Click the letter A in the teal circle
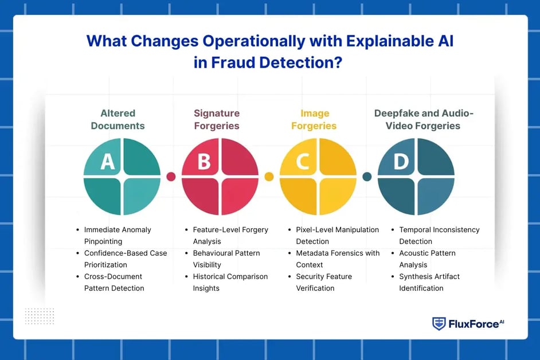pos(107,162)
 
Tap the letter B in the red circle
pos(204,162)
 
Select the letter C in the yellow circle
pos(303,162)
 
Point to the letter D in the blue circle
pos(401,162)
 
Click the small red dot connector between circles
pos(171,177)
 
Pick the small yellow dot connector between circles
pos(269,177)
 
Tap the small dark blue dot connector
pos(367,177)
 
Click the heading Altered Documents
pos(118,119)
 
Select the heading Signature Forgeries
pos(217,119)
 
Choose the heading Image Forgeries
pos(314,119)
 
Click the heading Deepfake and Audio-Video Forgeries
pos(416,119)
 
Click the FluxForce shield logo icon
pos(439,324)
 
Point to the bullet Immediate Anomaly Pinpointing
pos(118,236)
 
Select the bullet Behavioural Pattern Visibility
pos(226,259)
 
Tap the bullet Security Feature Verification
pos(324,282)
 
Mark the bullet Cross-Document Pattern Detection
pos(114,282)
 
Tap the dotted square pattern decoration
pos(40,316)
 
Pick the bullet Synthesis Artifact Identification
pos(429,282)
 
